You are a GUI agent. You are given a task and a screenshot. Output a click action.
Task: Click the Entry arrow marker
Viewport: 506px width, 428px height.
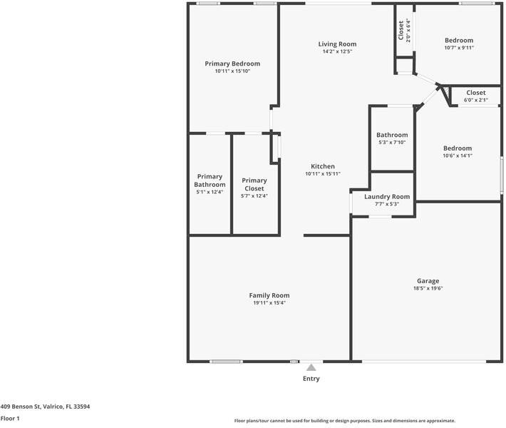pos(311,368)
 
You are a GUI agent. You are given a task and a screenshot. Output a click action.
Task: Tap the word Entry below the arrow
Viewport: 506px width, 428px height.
pos(311,379)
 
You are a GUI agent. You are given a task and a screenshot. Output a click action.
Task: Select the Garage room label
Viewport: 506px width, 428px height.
pos(428,281)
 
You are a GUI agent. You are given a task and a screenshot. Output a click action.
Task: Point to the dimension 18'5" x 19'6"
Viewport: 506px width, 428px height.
pos(428,289)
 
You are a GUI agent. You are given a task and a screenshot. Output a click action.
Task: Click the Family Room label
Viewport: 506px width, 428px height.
pos(269,295)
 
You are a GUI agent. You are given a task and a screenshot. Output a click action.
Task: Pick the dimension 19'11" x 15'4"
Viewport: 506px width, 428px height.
pos(269,303)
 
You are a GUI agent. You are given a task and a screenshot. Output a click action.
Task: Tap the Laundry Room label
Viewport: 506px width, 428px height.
pos(387,197)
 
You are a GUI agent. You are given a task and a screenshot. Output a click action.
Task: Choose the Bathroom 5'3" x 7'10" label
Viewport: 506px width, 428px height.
pos(392,136)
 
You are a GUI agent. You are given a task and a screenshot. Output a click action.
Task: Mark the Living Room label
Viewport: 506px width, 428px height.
pos(337,44)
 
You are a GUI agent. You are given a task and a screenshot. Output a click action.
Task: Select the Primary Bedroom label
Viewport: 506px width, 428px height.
pos(232,63)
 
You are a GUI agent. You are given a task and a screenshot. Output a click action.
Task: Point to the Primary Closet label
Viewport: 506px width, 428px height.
pos(254,185)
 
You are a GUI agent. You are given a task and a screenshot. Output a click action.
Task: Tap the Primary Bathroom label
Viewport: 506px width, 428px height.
pos(210,180)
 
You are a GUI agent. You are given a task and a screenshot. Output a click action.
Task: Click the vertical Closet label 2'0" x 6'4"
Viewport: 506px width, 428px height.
pos(401,30)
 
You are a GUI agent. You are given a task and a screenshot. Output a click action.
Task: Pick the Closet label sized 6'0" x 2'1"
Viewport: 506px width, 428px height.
pos(476,93)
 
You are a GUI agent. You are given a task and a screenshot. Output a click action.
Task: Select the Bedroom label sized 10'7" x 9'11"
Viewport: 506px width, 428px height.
pos(459,41)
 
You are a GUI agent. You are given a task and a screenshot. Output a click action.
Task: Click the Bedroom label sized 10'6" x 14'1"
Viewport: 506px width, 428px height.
pos(458,148)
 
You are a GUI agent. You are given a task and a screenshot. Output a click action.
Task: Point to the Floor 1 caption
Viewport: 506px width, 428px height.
pos(10,419)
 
